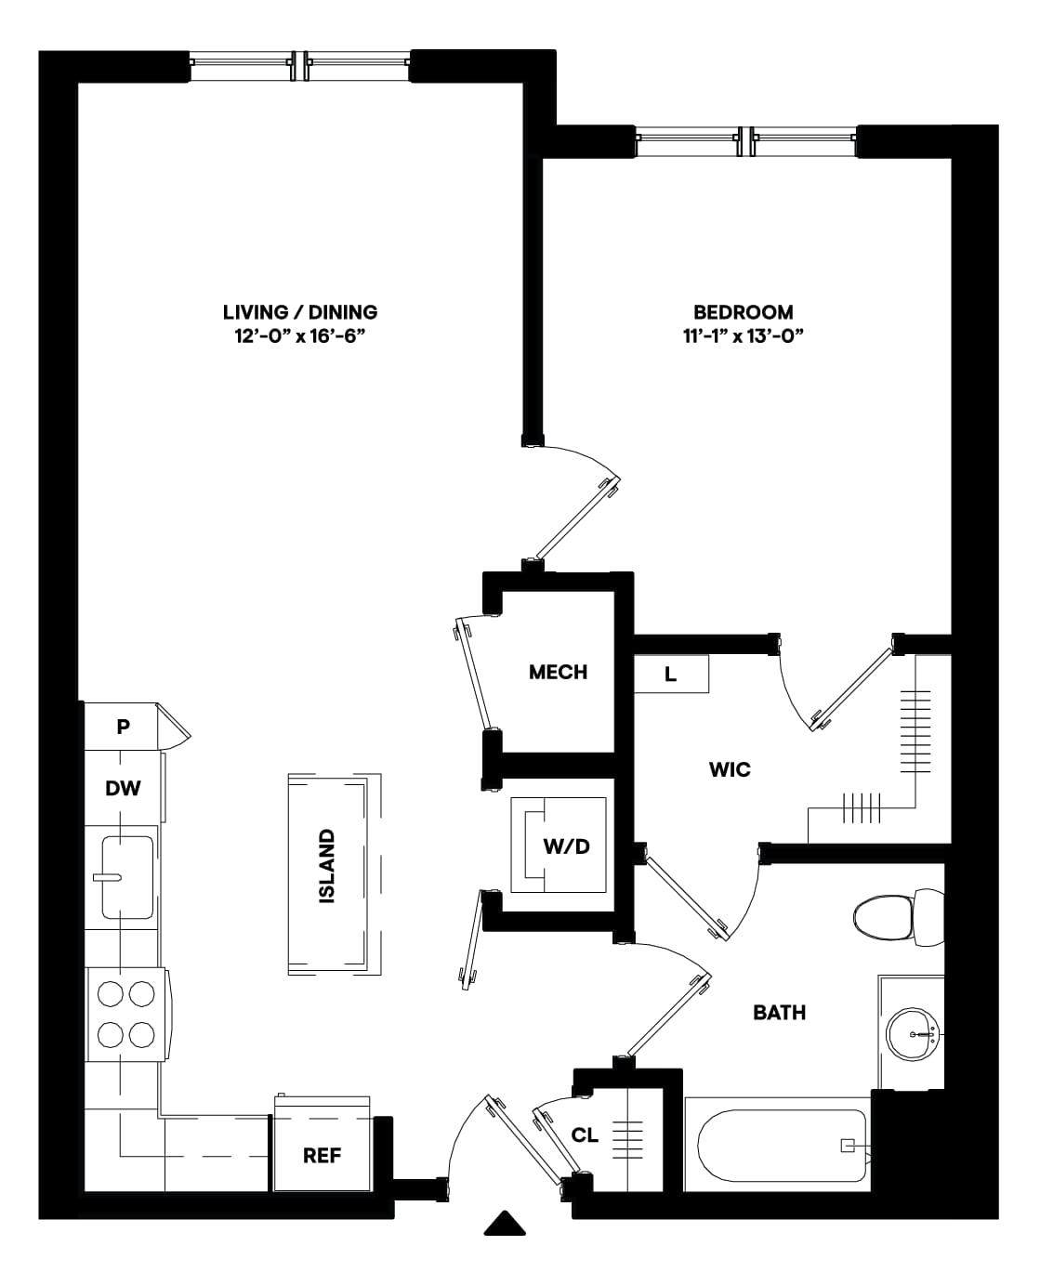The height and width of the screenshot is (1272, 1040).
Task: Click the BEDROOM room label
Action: (x=743, y=312)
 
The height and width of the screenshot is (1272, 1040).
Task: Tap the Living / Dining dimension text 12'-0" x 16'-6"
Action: (x=300, y=336)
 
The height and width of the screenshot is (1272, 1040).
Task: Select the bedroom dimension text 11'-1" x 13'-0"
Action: (x=743, y=336)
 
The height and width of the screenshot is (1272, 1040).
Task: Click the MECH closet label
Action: (x=558, y=672)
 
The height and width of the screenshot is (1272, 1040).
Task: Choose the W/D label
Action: (x=566, y=846)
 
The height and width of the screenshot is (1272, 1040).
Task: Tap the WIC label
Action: (x=730, y=769)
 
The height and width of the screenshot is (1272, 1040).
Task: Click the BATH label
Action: (x=780, y=1013)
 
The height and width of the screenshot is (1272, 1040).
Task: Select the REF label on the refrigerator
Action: (x=322, y=1156)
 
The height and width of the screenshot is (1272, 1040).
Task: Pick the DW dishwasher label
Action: (x=123, y=788)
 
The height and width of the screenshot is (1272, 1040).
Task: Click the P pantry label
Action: (x=123, y=727)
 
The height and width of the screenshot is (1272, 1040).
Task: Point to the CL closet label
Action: (x=585, y=1135)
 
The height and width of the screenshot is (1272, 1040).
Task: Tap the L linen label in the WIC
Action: (x=670, y=675)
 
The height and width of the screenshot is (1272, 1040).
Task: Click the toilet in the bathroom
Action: (x=898, y=917)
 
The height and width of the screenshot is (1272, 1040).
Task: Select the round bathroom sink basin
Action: (x=912, y=1034)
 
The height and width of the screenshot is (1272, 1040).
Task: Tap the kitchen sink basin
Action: (x=127, y=877)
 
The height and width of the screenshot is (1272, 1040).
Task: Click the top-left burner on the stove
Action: (x=111, y=993)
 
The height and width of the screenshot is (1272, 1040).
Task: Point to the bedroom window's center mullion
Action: (x=747, y=141)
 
